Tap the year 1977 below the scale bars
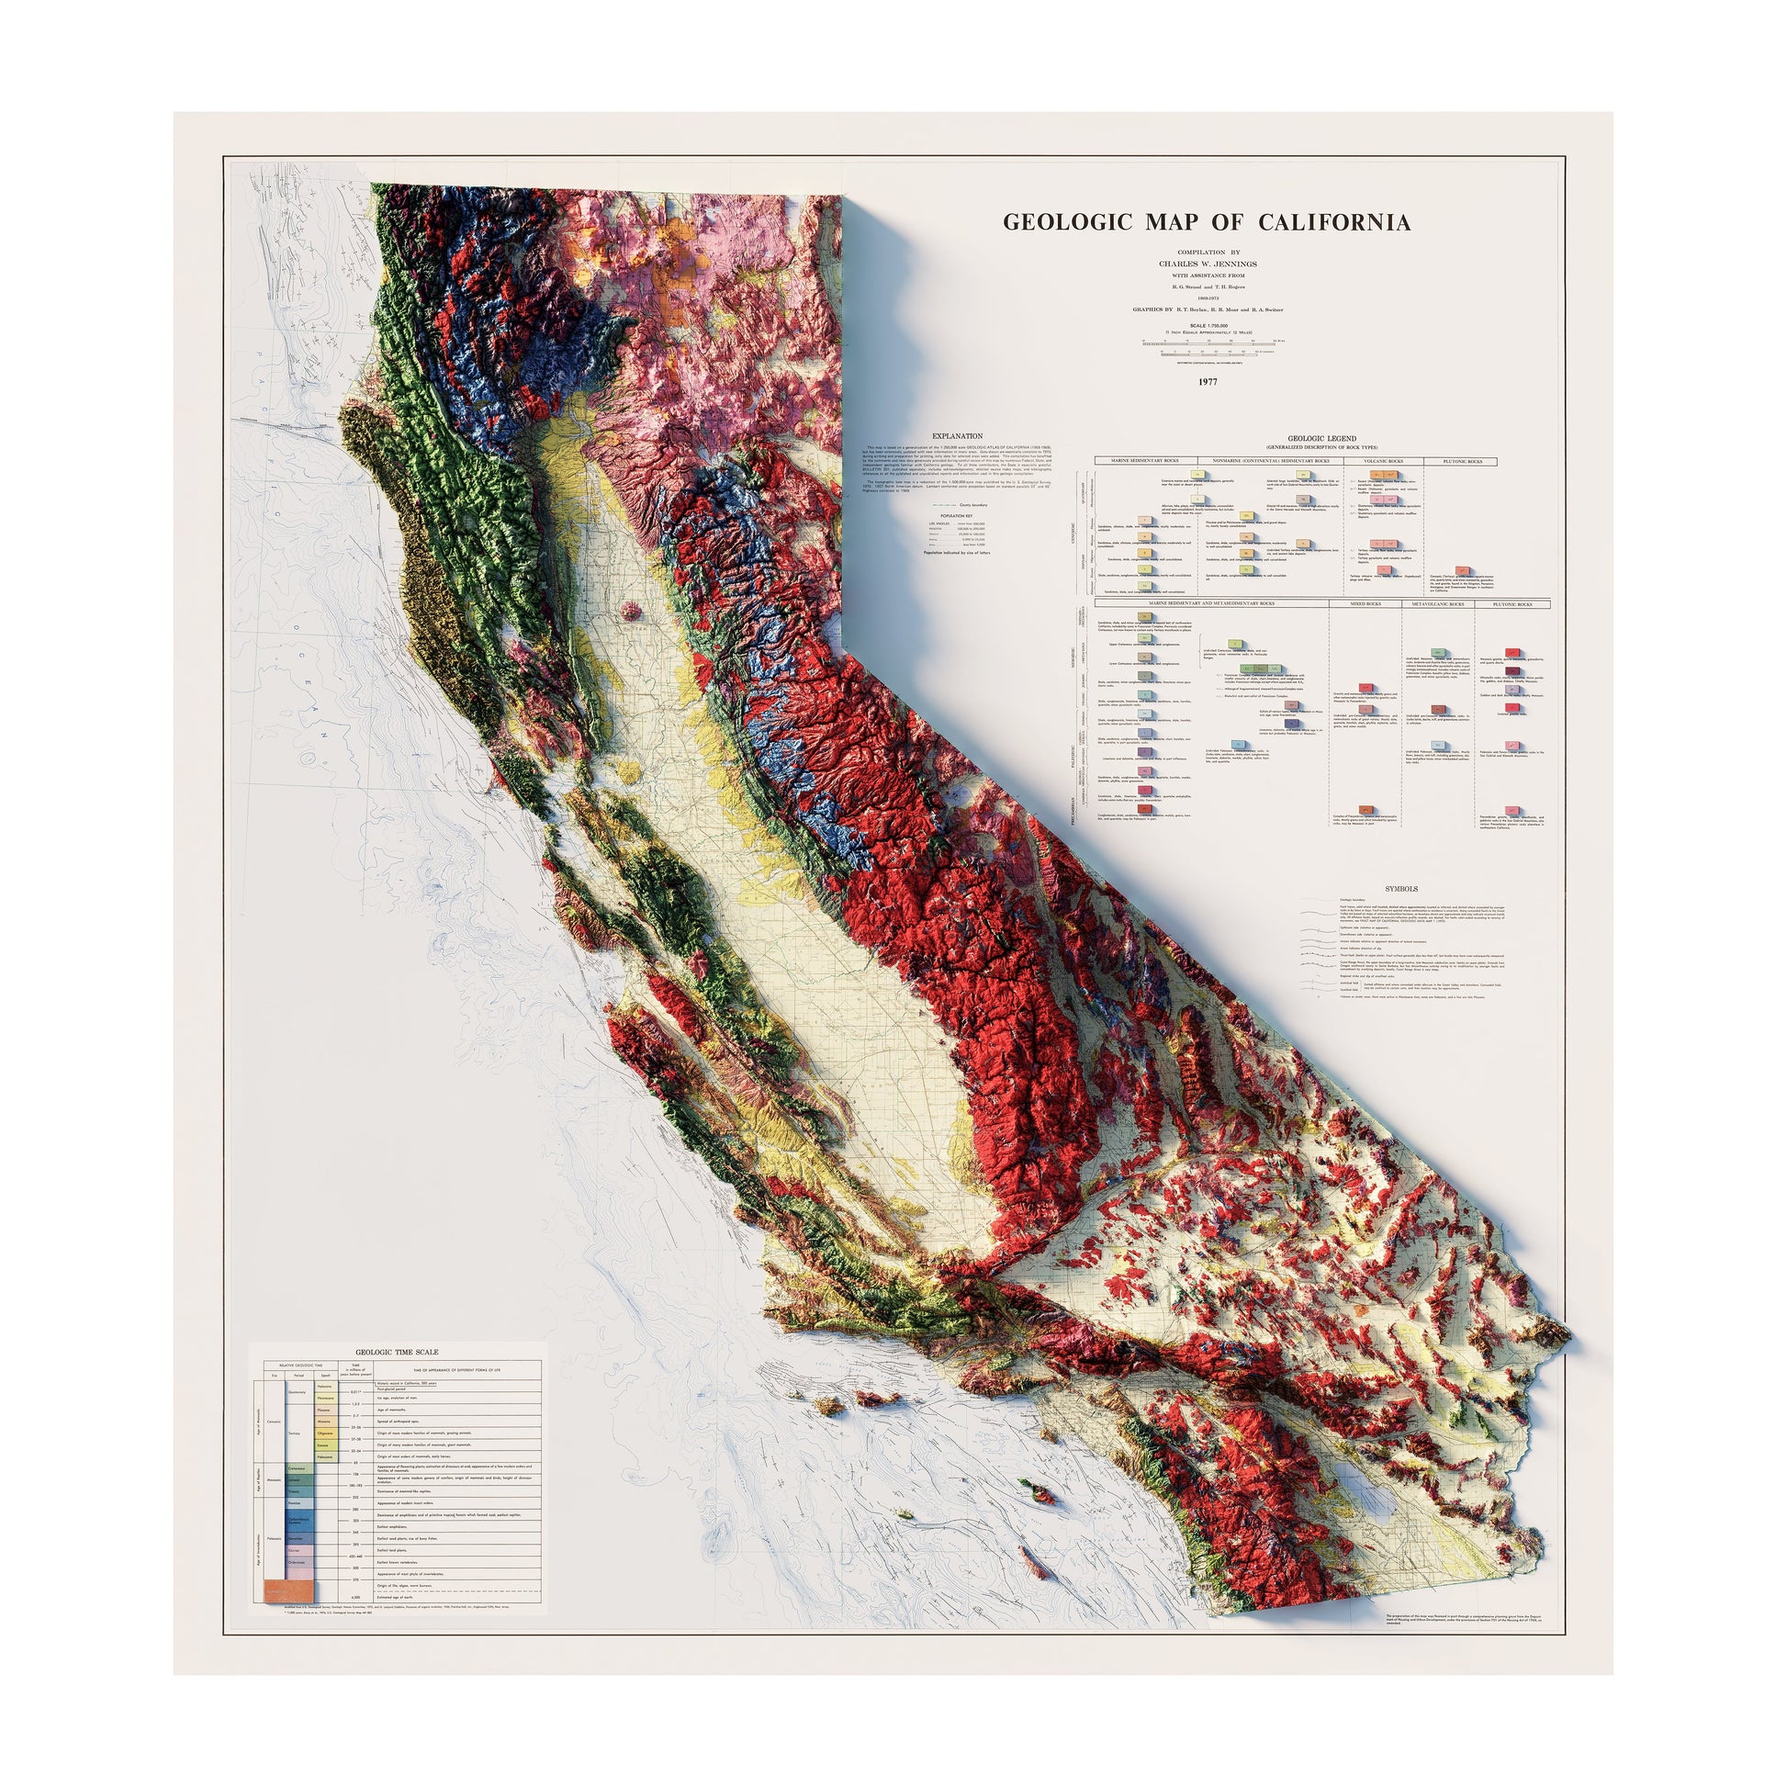(x=1208, y=381)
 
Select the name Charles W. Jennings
(x=1208, y=263)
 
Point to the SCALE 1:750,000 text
(x=1208, y=325)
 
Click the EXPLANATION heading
(x=957, y=436)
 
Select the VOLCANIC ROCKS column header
(x=1384, y=461)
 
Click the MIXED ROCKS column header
(x=1366, y=604)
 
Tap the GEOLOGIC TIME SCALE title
(x=398, y=1353)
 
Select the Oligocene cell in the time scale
(x=326, y=1433)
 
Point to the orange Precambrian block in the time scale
(x=289, y=1590)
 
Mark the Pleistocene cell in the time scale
(x=326, y=1399)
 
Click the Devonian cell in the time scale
(x=296, y=1539)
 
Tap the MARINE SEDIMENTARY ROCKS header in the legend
(x=1145, y=461)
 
